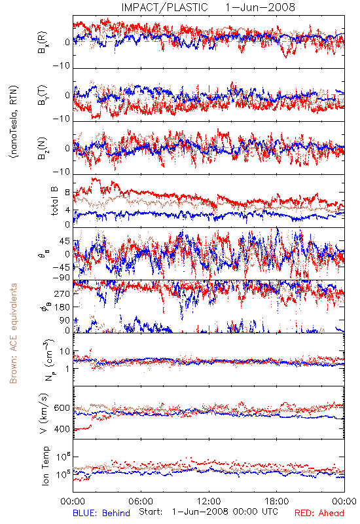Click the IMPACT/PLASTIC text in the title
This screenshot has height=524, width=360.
point(165,7)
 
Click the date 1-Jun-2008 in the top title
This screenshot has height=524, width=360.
point(260,7)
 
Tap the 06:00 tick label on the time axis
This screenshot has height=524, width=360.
point(141,501)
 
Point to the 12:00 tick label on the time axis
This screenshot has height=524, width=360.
point(209,501)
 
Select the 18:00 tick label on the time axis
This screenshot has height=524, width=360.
point(277,501)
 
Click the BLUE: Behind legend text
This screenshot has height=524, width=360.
point(101,513)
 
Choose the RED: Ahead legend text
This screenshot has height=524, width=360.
point(319,513)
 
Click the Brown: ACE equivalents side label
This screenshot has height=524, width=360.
point(13,333)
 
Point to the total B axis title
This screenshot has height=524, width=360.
point(54,201)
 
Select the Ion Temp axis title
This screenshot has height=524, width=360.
point(45,466)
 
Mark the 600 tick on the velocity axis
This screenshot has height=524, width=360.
point(62,408)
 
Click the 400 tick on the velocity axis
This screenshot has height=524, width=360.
point(62,429)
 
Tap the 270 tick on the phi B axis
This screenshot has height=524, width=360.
point(63,293)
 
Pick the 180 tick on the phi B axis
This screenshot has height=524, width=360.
point(63,307)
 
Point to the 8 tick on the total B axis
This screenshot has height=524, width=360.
point(67,193)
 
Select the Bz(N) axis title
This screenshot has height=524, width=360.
point(43,149)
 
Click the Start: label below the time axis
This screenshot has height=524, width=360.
point(151,512)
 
